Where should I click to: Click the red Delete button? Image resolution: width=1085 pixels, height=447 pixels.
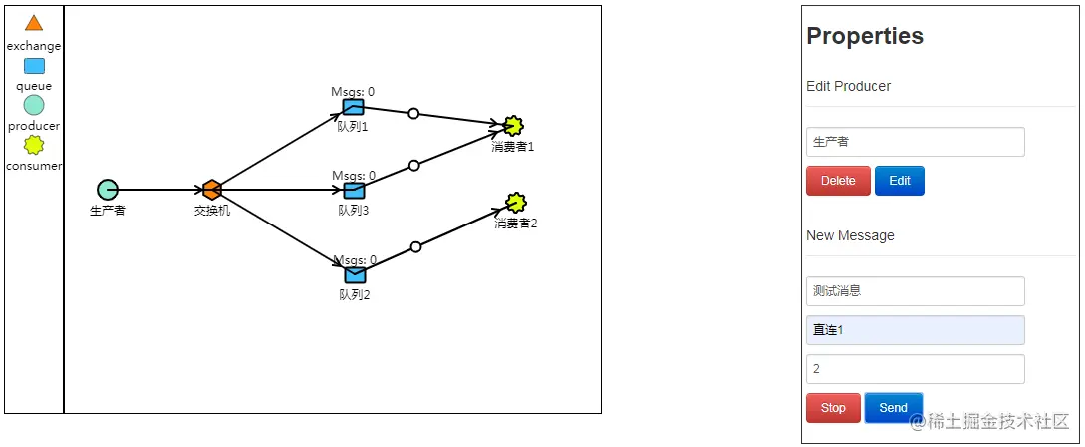838,181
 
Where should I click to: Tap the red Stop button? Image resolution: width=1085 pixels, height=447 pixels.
833,408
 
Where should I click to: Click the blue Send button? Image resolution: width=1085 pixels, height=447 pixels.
893,408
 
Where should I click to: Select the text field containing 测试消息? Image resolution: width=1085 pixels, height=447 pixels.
915,291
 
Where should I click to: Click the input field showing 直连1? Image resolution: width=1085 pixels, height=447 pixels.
915,330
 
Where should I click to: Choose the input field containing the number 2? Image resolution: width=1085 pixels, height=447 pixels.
915,369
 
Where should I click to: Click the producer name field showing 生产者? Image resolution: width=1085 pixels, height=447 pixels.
915,142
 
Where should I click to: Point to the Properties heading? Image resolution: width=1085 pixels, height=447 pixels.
865,36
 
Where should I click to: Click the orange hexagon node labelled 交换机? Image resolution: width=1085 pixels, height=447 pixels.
211,190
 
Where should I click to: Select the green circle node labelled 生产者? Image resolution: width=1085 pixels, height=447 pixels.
107,190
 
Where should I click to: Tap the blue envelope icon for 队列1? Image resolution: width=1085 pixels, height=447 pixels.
353,107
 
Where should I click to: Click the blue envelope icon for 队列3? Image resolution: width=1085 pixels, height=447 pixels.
354,190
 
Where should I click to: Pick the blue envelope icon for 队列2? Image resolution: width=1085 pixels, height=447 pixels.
355,274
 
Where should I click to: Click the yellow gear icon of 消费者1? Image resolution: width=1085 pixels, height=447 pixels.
513,126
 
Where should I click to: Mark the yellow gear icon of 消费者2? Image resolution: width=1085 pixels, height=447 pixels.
515,203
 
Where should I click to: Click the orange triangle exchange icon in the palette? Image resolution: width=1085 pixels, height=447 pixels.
34,23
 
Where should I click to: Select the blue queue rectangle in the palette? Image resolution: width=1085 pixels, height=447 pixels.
34,66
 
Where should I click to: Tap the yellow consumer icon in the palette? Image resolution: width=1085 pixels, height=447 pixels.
34,145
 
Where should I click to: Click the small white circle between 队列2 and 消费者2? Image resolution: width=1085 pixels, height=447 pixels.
415,246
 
